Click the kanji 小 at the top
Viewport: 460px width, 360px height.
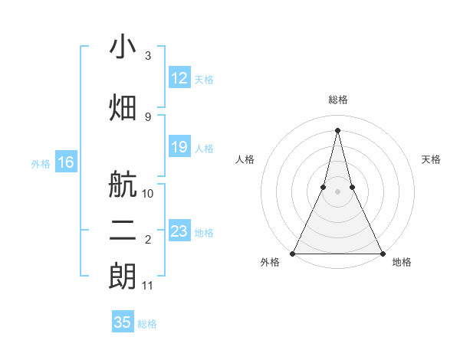point(123,48)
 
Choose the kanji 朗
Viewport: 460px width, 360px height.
point(123,276)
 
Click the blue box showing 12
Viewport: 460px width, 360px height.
point(179,78)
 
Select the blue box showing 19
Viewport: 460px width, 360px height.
point(179,147)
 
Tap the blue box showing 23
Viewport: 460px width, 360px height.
point(179,231)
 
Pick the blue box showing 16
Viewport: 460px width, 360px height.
point(65,162)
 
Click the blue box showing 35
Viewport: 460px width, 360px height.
point(123,322)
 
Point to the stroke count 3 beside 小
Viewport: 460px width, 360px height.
point(148,56)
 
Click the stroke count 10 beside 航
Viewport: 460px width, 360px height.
point(148,193)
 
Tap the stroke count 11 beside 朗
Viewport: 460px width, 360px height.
point(148,286)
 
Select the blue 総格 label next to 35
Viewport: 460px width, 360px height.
point(147,324)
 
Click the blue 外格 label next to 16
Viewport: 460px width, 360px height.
point(40,163)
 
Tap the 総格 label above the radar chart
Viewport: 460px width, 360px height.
point(337,100)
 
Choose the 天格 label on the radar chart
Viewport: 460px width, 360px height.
point(432,159)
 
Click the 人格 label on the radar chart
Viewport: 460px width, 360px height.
point(245,159)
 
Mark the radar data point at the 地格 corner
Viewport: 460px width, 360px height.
point(382,254)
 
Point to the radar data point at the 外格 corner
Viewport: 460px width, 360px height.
point(293,254)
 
